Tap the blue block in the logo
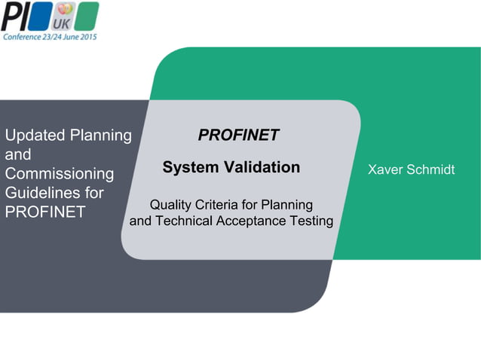pos(43,15)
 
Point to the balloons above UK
pos(65,9)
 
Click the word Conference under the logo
pos(23,35)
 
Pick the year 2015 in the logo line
pos(87,35)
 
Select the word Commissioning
pos(60,174)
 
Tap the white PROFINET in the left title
pos(45,212)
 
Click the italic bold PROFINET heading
pos(238,135)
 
